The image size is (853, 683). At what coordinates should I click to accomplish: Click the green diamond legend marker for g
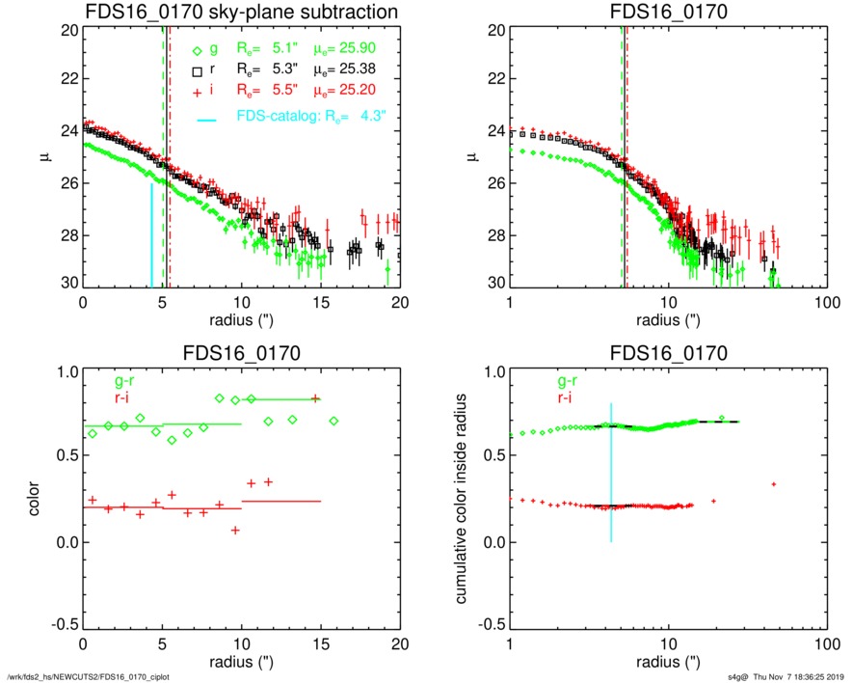(198, 52)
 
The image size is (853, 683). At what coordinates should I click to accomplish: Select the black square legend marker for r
(197, 71)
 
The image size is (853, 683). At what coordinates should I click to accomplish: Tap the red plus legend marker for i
(197, 90)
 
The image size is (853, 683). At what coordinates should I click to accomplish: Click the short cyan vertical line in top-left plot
(151, 236)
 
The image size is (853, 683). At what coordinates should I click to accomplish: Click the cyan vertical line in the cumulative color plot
(611, 473)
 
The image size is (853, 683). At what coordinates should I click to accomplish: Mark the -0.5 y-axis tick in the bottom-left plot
(63, 624)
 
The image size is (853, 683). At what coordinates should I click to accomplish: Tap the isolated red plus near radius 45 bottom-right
(774, 483)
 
